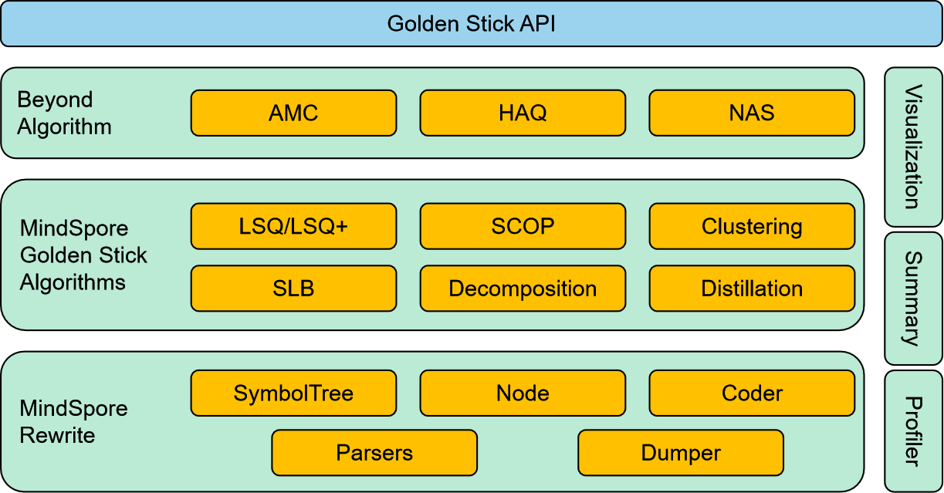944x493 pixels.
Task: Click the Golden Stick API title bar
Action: [x=471, y=23]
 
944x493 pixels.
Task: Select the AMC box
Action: [x=293, y=113]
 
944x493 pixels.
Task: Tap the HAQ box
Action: [x=523, y=113]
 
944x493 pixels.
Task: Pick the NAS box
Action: [x=752, y=113]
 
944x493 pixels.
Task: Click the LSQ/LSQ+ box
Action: [x=293, y=226]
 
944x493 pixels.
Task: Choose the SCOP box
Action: [x=523, y=226]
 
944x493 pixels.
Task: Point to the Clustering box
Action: [x=752, y=226]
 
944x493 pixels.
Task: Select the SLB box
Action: [x=293, y=289]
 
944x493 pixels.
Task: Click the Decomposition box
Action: [x=523, y=289]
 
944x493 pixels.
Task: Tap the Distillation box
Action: [x=752, y=289]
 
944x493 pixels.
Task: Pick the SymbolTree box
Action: [x=293, y=393]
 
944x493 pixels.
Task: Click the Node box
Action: [x=523, y=393]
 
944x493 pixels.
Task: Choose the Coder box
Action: [x=752, y=393]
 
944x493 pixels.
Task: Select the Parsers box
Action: [x=374, y=453]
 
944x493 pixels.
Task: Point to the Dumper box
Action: [x=681, y=453]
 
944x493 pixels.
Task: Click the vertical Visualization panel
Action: [x=913, y=147]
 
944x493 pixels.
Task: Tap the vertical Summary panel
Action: [x=913, y=298]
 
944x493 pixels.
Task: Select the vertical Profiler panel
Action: [x=913, y=431]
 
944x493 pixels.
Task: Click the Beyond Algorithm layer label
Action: [x=65, y=113]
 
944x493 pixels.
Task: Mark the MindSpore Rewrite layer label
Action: [x=73, y=421]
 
